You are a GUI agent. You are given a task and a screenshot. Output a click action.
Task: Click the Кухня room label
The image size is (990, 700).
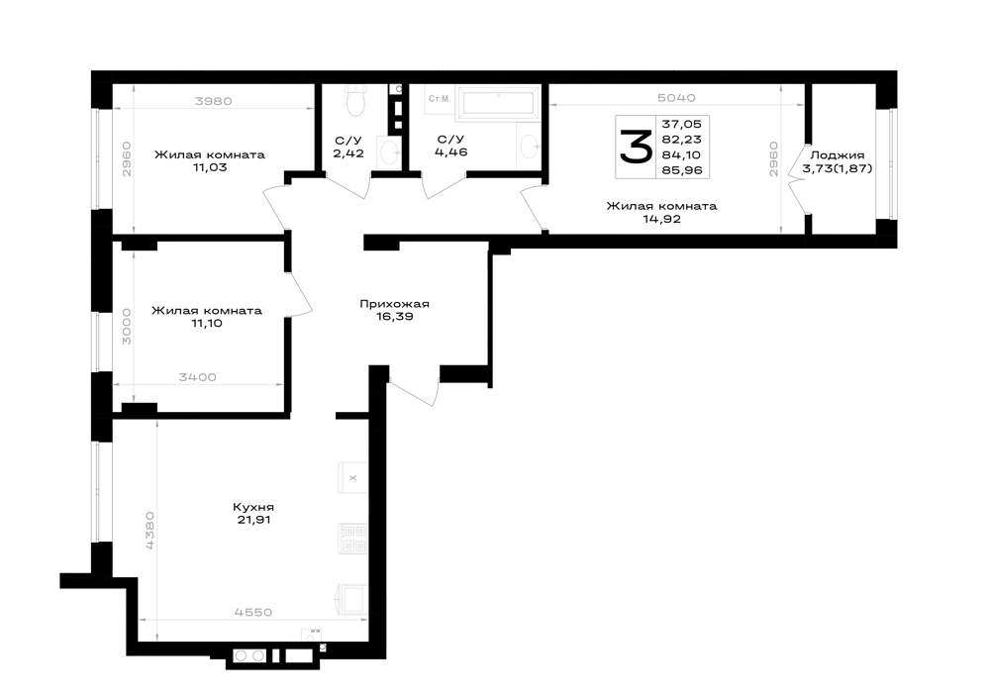[253, 507]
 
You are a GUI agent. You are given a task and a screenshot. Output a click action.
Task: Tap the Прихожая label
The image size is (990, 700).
[395, 304]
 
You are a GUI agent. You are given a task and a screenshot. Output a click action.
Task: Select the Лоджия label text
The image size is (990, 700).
[838, 154]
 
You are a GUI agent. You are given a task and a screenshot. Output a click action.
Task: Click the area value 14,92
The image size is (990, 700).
[661, 219]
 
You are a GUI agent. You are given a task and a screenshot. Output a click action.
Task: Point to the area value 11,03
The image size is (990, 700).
[210, 167]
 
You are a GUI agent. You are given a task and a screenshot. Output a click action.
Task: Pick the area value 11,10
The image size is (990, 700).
[206, 323]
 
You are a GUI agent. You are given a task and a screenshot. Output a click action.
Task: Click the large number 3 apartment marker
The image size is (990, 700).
[635, 147]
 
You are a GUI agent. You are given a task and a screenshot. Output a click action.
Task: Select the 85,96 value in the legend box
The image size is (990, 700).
[682, 169]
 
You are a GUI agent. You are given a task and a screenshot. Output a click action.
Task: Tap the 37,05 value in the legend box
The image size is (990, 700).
[682, 125]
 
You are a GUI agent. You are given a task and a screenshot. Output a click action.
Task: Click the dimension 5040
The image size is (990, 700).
[676, 98]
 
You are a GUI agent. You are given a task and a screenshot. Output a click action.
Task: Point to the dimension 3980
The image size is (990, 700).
[214, 100]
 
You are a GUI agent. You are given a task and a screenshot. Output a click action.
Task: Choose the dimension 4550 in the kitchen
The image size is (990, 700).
[253, 612]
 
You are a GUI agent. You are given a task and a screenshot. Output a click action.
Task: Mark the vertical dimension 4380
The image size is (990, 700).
[149, 531]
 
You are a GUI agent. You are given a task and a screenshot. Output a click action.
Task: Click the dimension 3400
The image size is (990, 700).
[198, 377]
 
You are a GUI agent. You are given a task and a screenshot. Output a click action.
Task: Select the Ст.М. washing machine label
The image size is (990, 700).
[440, 98]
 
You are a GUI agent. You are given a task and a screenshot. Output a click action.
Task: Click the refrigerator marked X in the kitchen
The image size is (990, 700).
[353, 478]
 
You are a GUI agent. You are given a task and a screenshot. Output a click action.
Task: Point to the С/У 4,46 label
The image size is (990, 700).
[450, 146]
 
